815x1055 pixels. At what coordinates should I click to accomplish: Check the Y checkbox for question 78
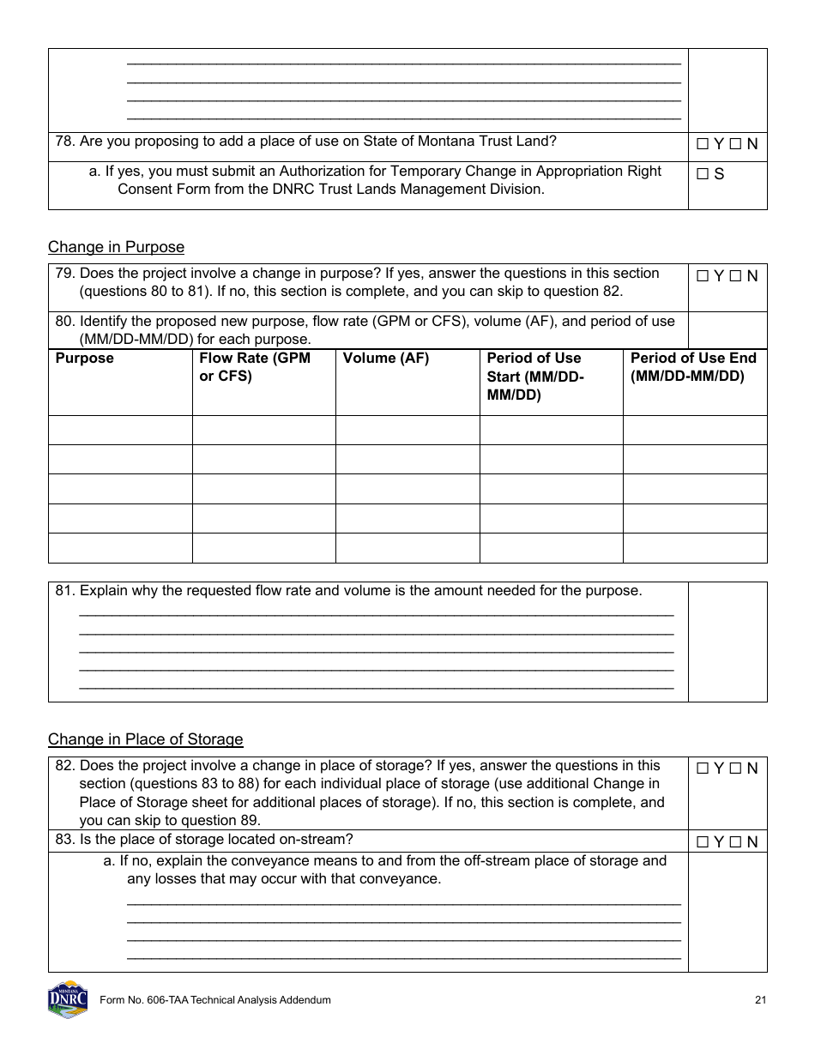(x=703, y=145)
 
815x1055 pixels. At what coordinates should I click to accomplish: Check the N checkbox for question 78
(x=736, y=145)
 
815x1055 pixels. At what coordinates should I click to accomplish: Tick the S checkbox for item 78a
(x=703, y=174)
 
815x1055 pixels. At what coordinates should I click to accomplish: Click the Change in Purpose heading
(x=116, y=247)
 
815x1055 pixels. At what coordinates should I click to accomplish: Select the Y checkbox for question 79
(x=703, y=276)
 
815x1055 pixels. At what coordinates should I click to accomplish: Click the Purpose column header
(x=84, y=359)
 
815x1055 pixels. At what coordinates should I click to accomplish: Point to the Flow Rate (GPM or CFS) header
(x=254, y=367)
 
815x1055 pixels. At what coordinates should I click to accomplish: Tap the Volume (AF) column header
(x=385, y=359)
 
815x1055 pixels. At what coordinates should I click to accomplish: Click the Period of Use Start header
(x=534, y=377)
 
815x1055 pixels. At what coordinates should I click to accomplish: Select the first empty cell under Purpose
(x=120, y=431)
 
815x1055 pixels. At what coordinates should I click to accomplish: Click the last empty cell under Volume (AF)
(x=407, y=548)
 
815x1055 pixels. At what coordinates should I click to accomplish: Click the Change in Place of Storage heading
(x=145, y=739)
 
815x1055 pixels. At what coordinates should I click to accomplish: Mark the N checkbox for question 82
(x=736, y=769)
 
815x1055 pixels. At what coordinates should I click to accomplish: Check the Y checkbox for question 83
(x=703, y=842)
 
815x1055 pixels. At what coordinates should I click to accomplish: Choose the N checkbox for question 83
(x=736, y=842)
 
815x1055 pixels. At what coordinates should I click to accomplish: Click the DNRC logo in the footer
(x=68, y=999)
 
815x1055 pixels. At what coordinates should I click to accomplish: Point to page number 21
(x=760, y=1000)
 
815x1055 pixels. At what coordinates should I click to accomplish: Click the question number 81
(x=64, y=591)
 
